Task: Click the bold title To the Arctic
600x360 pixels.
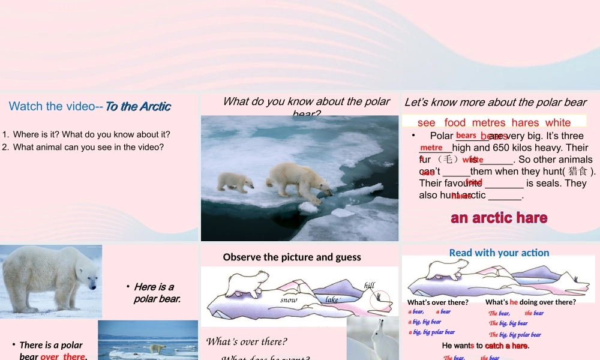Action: coord(139,107)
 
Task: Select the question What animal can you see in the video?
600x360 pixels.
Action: coord(88,147)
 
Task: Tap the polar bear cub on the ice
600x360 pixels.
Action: coord(235,181)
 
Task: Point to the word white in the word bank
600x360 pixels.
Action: coord(558,122)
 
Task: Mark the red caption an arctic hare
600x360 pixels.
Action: coord(499,217)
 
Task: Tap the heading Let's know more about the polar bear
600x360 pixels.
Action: coord(496,102)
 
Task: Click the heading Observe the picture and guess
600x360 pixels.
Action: coord(292,257)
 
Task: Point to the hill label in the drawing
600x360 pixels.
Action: coord(370,286)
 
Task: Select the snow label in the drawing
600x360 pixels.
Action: coord(289,299)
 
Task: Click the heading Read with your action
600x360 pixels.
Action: coord(499,253)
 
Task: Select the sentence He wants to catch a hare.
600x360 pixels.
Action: coord(485,346)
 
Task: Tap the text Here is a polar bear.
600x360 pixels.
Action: coord(157,292)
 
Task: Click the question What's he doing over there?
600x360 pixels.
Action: coord(530,302)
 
